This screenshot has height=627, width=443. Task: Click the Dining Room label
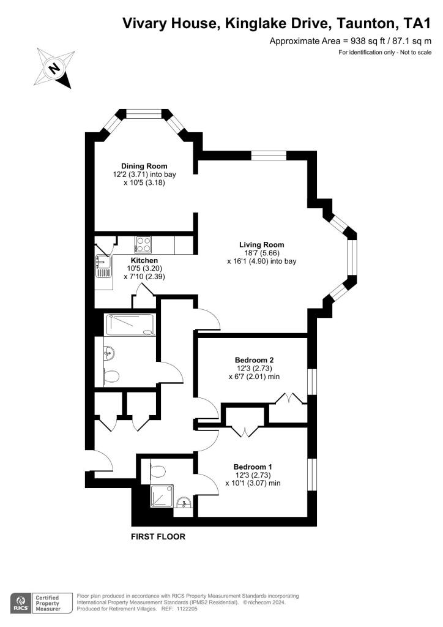pyautogui.click(x=144, y=166)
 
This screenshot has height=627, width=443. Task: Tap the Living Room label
pyautogui.click(x=262, y=245)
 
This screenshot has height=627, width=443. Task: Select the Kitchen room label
pyautogui.click(x=144, y=260)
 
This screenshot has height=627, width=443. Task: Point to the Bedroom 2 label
pyautogui.click(x=254, y=360)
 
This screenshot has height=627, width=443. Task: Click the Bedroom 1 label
pyautogui.click(x=253, y=467)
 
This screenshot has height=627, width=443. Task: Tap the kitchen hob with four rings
pyautogui.click(x=143, y=245)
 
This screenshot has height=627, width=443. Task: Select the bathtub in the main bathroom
pyautogui.click(x=130, y=325)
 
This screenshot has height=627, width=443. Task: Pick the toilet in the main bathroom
pyautogui.click(x=111, y=377)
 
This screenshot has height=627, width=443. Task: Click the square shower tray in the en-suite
pyautogui.click(x=162, y=496)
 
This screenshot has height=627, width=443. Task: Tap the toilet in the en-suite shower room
pyautogui.click(x=158, y=471)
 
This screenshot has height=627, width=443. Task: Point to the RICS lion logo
pyautogui.click(x=21, y=603)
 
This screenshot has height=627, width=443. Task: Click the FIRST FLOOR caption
pyautogui.click(x=158, y=536)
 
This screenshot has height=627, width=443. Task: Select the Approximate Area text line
pyautogui.click(x=351, y=41)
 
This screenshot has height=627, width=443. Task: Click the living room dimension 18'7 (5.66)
pyautogui.click(x=262, y=253)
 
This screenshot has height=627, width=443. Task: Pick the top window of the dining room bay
pyautogui.click(x=144, y=113)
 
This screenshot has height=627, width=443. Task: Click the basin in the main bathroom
pyautogui.click(x=109, y=353)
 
